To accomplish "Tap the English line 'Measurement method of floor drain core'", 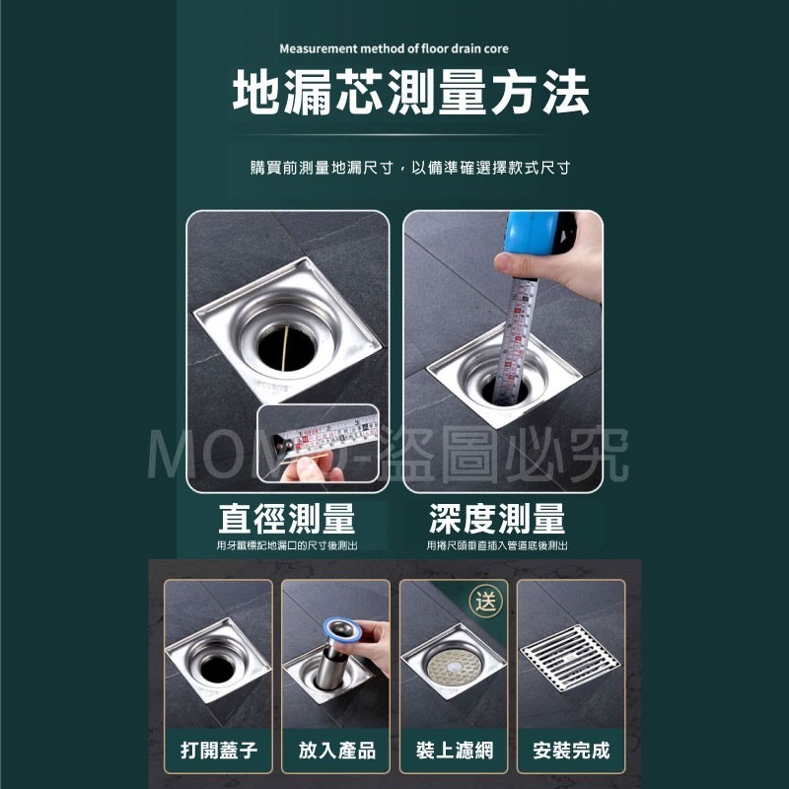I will pyautogui.click(x=394, y=48).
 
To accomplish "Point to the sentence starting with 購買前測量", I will pyautogui.click(x=410, y=168).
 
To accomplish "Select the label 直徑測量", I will pyautogui.click(x=287, y=519).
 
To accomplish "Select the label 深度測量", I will pyautogui.click(x=497, y=519).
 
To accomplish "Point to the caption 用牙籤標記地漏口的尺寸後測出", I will pyautogui.click(x=287, y=545).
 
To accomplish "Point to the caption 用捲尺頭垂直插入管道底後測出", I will pyautogui.click(x=497, y=545).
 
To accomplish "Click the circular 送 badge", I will pyautogui.click(x=485, y=599).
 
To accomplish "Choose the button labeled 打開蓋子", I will pyautogui.click(x=218, y=751).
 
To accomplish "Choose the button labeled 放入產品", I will pyautogui.click(x=336, y=751).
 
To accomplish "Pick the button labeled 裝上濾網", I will pyautogui.click(x=454, y=751).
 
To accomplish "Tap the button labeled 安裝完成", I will pyautogui.click(x=571, y=751).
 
